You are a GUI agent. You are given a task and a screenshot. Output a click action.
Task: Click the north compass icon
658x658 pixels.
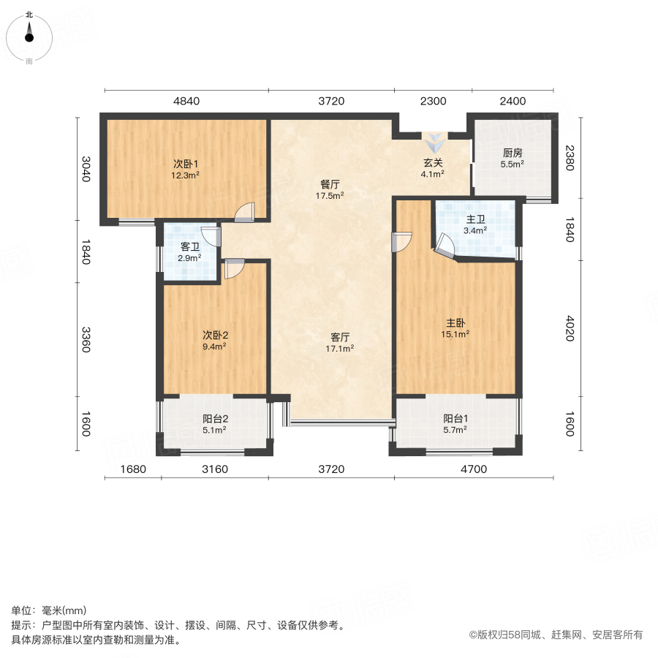click(x=29, y=34)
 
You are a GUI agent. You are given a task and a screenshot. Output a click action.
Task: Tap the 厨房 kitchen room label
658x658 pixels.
click(x=513, y=153)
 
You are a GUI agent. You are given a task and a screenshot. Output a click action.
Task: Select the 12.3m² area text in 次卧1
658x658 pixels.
click(x=186, y=175)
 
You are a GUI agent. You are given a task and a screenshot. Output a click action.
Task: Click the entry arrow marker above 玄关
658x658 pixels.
click(x=433, y=141)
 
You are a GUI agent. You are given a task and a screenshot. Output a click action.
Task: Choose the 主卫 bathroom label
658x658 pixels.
click(x=476, y=219)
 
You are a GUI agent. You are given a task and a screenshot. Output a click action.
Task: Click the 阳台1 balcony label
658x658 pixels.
click(x=455, y=418)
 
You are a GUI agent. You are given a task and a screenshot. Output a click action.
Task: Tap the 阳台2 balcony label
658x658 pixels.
click(x=214, y=419)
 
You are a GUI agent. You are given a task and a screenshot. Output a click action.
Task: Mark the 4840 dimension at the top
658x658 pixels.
click(x=186, y=101)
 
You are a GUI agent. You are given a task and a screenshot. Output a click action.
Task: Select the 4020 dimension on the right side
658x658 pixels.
click(x=570, y=328)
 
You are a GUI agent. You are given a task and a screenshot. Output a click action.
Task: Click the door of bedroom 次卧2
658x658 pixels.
click(x=234, y=269)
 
